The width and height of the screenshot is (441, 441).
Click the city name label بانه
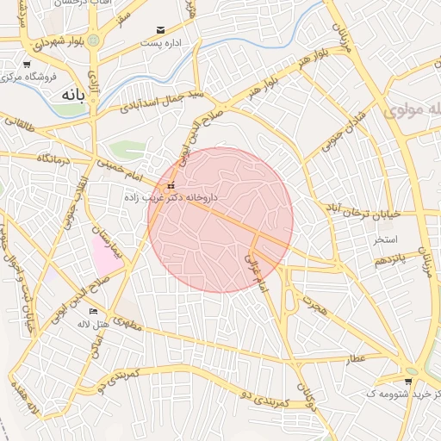coord(70,96)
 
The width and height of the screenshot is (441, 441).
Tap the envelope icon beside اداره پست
coord(159,31)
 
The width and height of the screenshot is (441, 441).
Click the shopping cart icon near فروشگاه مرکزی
coord(27,65)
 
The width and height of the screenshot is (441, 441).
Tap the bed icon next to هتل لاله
coord(93,312)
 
